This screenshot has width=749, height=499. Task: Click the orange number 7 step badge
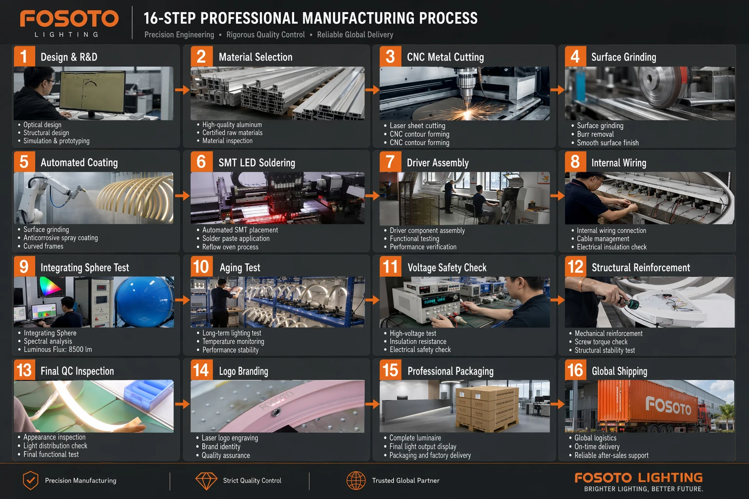[390, 162]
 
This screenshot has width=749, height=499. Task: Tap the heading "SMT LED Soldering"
[257, 163]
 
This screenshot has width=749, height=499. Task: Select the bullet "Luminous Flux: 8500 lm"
[58, 349]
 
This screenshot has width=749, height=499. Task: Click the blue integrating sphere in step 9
[144, 302]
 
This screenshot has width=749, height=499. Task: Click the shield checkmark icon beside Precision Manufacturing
[30, 480]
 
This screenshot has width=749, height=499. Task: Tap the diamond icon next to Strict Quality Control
[206, 481]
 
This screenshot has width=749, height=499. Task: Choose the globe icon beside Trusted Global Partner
[356, 480]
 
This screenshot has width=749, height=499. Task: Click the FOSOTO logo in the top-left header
[69, 23]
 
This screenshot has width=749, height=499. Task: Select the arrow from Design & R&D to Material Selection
[182, 90]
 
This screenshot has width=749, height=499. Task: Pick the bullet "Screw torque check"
[601, 342]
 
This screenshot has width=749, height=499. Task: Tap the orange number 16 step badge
[575, 370]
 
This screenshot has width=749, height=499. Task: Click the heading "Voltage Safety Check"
[447, 268]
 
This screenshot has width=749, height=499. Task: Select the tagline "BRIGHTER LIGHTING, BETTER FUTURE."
[644, 489]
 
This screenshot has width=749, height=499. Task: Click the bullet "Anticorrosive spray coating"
[60, 238]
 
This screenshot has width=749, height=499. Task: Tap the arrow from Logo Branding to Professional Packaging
[372, 404]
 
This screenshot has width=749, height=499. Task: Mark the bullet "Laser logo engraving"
[230, 438]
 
